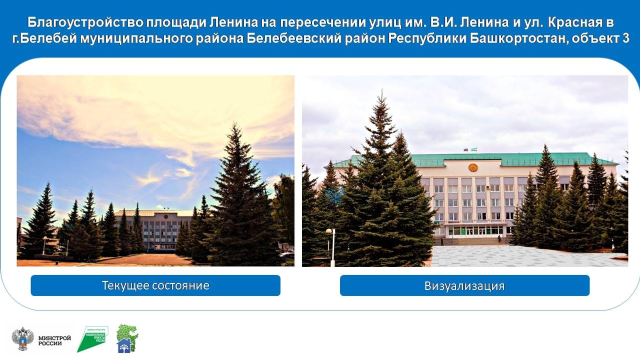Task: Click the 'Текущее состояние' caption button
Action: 155,285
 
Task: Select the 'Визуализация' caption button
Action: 464,285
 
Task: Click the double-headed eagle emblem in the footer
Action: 22,338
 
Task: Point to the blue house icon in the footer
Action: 124,345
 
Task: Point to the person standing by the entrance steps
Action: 498,239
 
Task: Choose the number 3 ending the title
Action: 625,38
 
